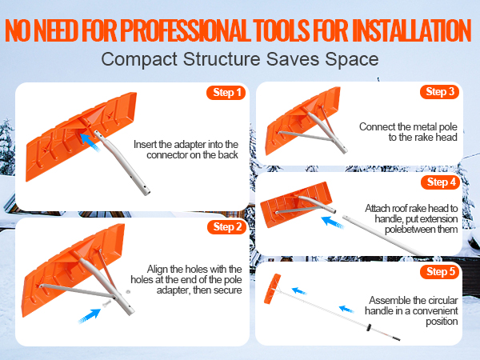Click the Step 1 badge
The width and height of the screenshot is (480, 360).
[226, 93]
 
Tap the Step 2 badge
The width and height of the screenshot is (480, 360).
[226, 227]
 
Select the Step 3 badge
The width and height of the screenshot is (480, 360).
[439, 91]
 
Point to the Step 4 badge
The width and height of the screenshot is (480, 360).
[441, 182]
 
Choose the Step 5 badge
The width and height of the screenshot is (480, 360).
[440, 271]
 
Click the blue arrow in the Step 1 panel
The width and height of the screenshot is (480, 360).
[90, 142]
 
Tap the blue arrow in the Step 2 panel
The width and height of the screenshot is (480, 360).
[90, 316]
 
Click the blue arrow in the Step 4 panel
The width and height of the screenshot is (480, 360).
[333, 222]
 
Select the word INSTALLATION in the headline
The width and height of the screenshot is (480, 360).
[411, 30]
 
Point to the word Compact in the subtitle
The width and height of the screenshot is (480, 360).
[139, 59]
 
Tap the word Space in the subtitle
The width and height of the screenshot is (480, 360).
[352, 59]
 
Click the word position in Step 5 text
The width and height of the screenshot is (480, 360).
[442, 322]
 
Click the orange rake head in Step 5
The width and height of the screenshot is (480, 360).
[272, 289]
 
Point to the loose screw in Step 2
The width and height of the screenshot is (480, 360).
[107, 304]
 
